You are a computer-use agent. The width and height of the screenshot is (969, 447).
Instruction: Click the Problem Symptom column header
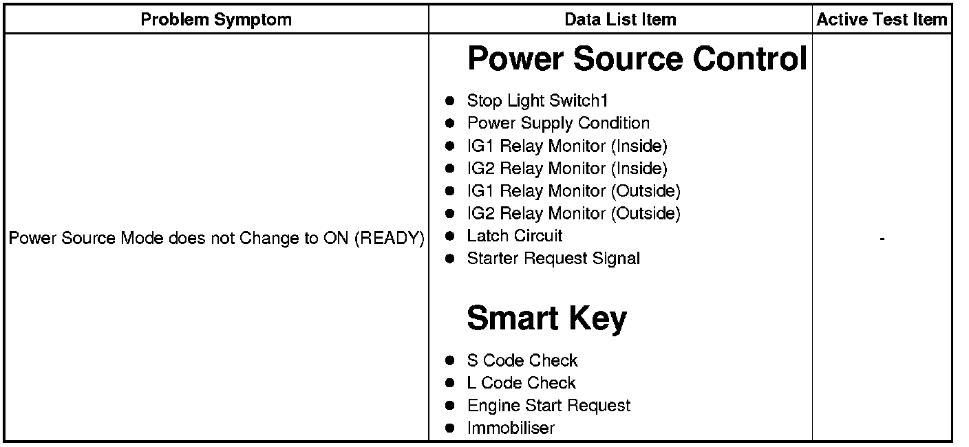(x=216, y=20)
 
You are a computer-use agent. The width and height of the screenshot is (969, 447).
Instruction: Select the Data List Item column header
(x=620, y=20)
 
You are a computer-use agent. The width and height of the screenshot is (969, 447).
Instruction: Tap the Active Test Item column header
(x=882, y=20)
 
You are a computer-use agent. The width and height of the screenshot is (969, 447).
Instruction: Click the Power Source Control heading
(x=637, y=59)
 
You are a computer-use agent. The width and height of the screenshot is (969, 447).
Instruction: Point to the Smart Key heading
(x=546, y=318)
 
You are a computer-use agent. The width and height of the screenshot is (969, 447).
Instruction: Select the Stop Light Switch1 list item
(x=537, y=101)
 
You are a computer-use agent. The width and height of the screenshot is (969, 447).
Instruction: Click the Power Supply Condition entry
(x=558, y=124)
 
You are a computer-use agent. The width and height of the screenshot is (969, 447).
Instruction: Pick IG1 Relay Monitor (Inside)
(x=567, y=146)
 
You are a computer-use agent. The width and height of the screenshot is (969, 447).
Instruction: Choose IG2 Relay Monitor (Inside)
(x=567, y=168)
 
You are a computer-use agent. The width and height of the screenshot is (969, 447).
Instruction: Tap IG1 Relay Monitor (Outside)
(x=573, y=191)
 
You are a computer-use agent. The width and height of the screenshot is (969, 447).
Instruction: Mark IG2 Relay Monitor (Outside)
(x=573, y=214)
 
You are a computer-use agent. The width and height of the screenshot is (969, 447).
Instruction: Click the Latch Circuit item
(x=515, y=236)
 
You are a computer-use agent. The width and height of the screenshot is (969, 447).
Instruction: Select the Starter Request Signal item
(x=553, y=259)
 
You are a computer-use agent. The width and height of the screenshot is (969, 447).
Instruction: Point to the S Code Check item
(x=522, y=360)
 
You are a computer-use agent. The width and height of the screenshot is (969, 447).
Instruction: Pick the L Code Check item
(x=521, y=383)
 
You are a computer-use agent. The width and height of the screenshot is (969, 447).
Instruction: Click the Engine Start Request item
(x=549, y=406)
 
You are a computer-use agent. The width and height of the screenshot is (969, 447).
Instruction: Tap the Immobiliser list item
(x=511, y=428)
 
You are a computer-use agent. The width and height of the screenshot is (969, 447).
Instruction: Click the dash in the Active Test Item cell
(x=882, y=239)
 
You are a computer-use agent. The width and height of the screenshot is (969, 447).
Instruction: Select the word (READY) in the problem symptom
(x=390, y=239)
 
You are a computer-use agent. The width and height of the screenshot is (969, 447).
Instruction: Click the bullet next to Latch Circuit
(x=450, y=237)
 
